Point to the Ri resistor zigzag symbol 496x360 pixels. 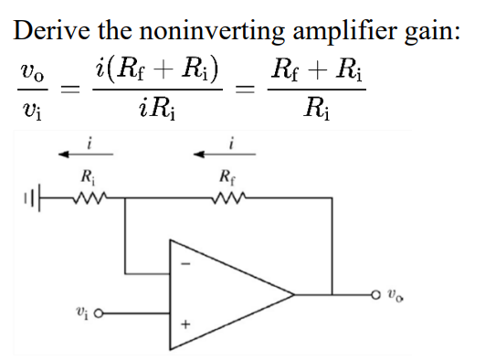coord(90,193)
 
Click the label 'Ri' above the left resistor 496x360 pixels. coord(89,175)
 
